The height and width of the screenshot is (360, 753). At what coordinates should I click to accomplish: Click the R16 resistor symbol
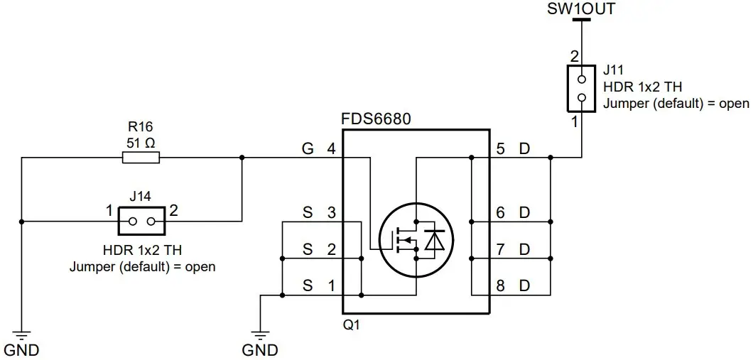click(x=140, y=158)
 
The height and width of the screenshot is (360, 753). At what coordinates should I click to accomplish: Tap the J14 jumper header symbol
click(x=141, y=222)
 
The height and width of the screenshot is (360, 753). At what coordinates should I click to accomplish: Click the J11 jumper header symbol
click(x=581, y=89)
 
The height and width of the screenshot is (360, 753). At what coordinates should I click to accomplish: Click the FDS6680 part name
click(x=376, y=118)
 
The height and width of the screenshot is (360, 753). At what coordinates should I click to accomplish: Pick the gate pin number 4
click(x=330, y=149)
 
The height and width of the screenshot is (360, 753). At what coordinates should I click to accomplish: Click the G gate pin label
click(x=307, y=149)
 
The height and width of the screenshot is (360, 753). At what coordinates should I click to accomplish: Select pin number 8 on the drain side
click(x=501, y=286)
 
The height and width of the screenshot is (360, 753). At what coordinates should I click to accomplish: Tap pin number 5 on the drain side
click(x=501, y=149)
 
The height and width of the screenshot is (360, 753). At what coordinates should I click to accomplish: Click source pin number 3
click(x=330, y=212)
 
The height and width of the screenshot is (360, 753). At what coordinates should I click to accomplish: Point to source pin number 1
click(x=330, y=286)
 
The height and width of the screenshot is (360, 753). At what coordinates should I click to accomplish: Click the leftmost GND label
click(x=21, y=350)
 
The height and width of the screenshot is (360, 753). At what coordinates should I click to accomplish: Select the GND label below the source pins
click(x=260, y=350)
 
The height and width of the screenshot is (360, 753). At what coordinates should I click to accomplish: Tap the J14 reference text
click(x=141, y=195)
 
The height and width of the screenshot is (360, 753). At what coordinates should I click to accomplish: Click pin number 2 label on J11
click(x=574, y=55)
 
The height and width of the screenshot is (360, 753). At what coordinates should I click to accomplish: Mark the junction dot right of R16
click(x=242, y=158)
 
